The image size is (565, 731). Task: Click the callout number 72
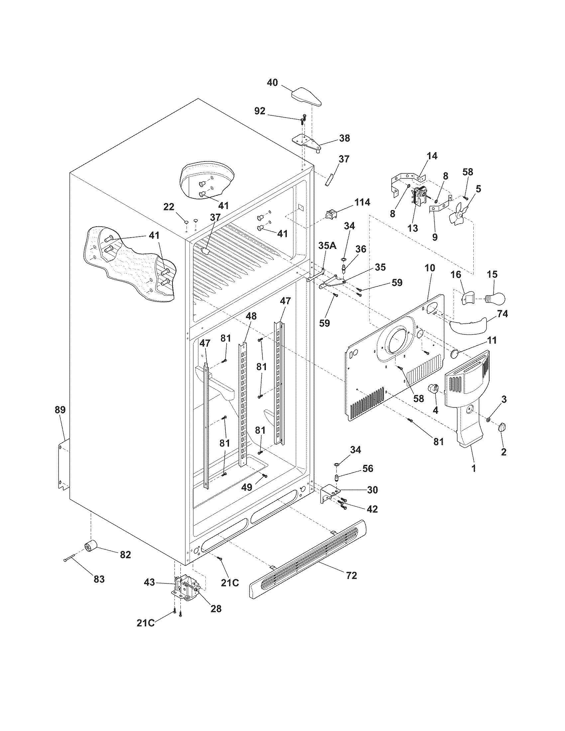pos(351,575)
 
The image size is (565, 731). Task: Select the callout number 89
pos(60,410)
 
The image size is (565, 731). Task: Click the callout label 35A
pos(327,246)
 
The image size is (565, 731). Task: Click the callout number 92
pos(260,111)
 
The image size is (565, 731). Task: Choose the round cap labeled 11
pos(454,353)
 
